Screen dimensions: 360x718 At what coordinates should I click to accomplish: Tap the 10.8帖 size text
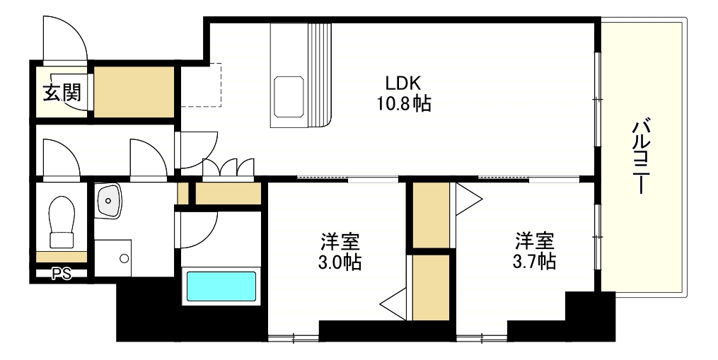click(403, 104)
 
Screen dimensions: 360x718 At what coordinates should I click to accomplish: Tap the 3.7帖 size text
click(534, 261)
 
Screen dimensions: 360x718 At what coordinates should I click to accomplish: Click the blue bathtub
click(221, 286)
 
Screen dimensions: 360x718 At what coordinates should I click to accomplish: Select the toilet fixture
click(62, 214)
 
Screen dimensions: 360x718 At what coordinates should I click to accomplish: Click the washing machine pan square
click(112, 258)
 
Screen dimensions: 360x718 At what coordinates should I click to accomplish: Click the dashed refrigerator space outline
click(201, 85)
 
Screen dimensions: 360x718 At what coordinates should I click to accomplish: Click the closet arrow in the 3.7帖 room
click(468, 199)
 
